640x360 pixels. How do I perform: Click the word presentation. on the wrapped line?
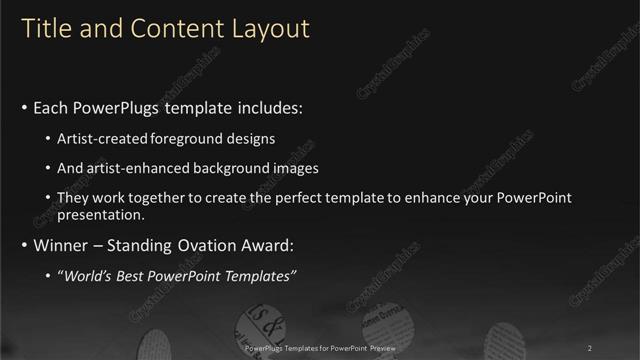tap(103, 214)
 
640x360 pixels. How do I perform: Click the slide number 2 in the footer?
tap(590, 348)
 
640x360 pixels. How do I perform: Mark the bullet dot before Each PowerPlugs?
tap(24, 107)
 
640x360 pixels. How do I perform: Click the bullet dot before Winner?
tap(24, 245)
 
